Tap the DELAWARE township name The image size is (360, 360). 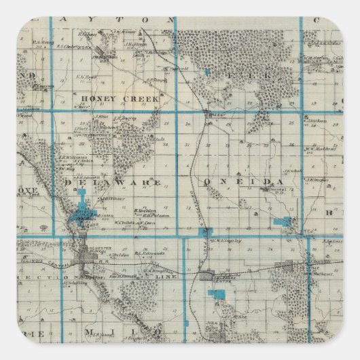click(114, 183)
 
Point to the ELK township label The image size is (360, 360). click(253, 72)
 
